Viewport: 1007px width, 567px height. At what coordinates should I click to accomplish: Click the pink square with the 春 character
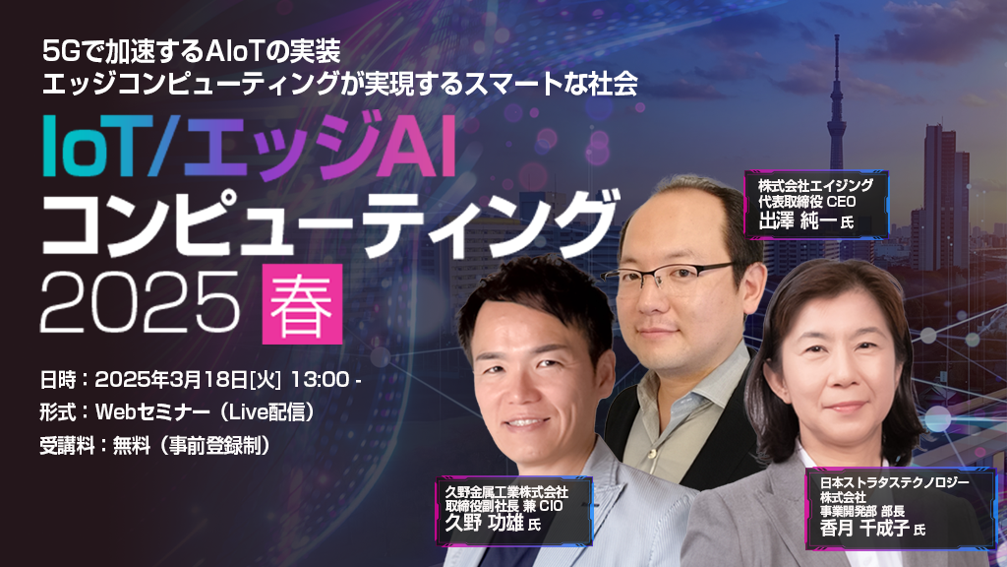[x=302, y=303]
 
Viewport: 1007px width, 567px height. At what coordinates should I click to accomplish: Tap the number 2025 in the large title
[x=140, y=301]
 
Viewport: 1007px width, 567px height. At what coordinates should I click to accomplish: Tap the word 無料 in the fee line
[x=132, y=445]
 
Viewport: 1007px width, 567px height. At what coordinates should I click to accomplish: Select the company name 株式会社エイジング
[x=815, y=185]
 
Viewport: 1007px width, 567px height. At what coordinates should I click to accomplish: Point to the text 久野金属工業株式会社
[x=506, y=492]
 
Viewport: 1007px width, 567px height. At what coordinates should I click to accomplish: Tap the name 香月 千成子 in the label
[x=864, y=529]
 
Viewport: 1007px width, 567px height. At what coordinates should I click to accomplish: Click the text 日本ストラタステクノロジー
[x=895, y=482]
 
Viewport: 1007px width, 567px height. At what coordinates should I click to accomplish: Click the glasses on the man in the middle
[x=670, y=276]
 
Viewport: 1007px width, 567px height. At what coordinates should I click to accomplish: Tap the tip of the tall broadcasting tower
[x=837, y=36]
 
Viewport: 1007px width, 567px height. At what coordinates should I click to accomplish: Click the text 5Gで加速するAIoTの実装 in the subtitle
[x=192, y=51]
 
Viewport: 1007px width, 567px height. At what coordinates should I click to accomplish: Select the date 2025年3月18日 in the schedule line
[x=171, y=379]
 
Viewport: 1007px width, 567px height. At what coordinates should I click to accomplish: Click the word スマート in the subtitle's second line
[x=500, y=84]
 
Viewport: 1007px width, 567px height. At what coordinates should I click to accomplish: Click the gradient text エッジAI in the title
[x=320, y=146]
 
